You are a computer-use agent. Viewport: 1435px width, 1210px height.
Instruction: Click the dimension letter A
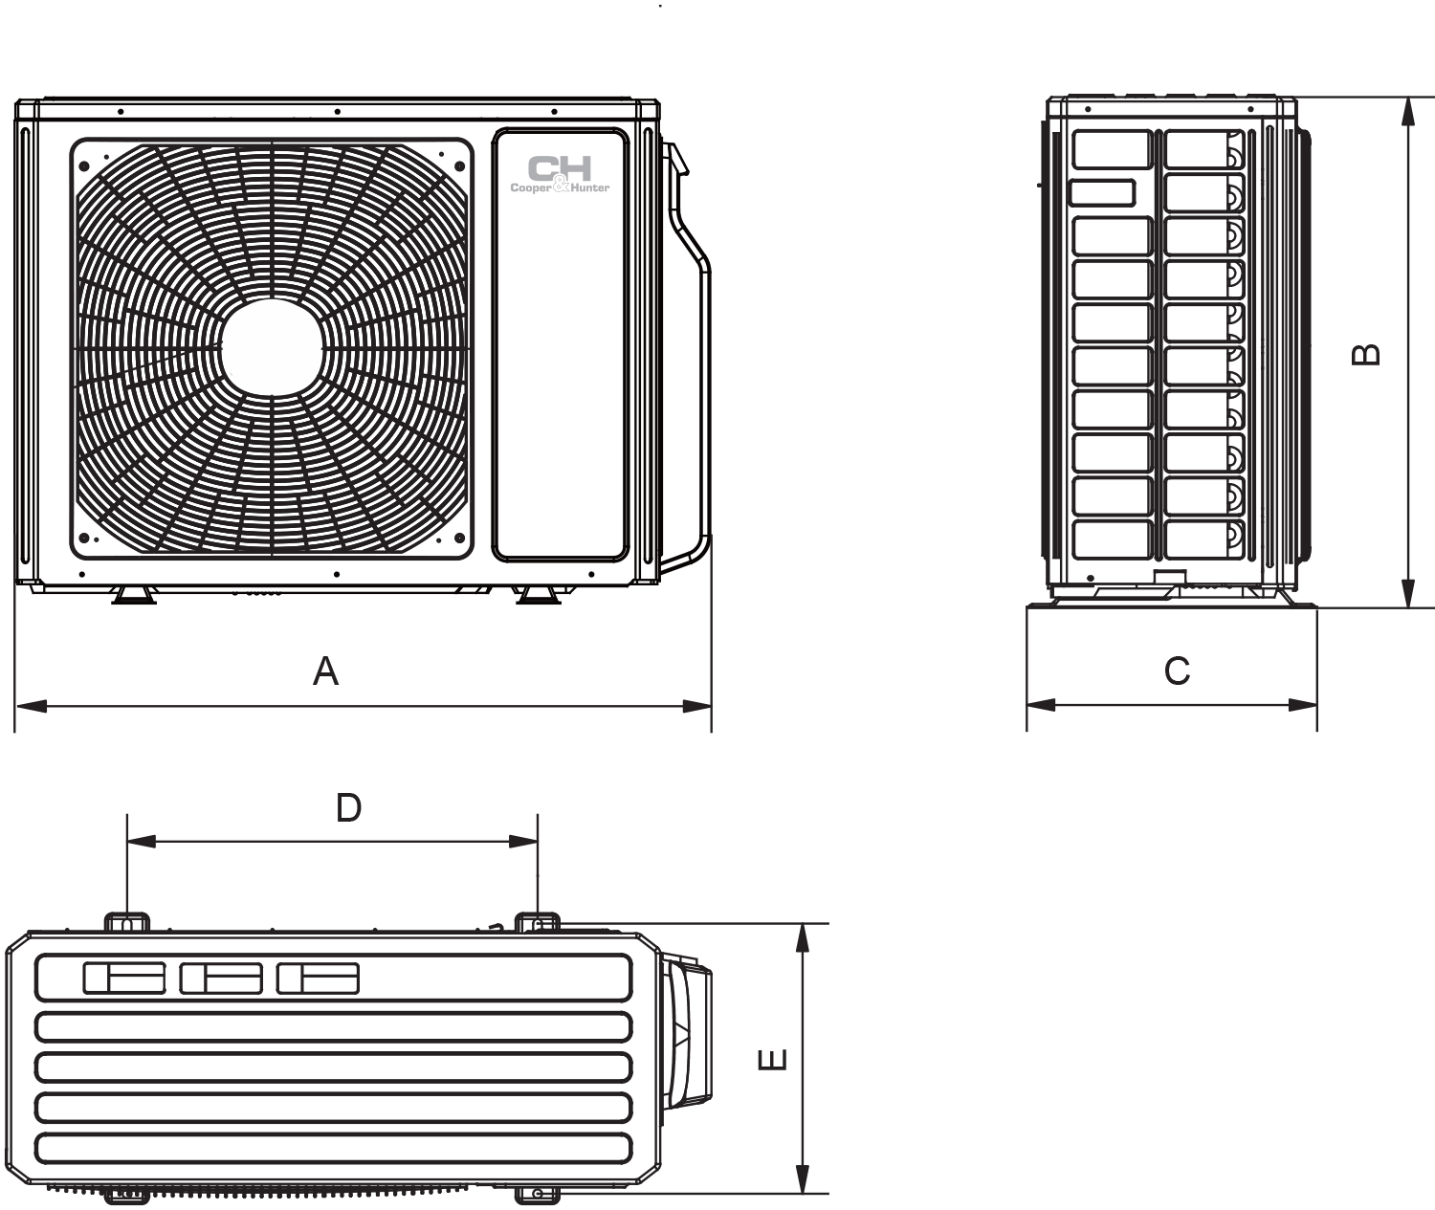(326, 671)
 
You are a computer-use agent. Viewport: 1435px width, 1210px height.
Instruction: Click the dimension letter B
(1366, 354)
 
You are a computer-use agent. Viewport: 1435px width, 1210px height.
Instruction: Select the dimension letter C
(1178, 671)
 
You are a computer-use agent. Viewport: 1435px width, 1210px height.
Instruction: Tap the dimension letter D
(348, 807)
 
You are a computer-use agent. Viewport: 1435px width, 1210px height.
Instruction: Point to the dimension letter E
(772, 1060)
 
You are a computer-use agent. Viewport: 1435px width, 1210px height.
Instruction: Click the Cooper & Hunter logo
(560, 174)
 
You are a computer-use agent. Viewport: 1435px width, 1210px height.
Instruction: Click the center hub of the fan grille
(272, 347)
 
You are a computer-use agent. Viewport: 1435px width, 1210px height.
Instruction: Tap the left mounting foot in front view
(134, 595)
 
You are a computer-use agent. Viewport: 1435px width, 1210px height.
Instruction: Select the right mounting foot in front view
(539, 595)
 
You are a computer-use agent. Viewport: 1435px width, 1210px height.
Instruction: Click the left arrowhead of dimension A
(31, 706)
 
